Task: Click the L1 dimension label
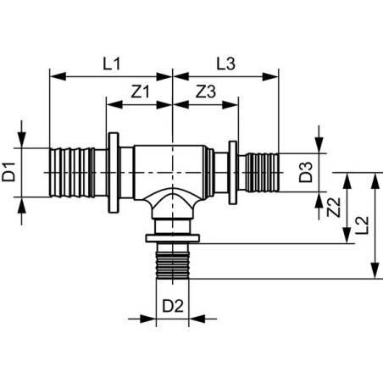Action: (x=112, y=64)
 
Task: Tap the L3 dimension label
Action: (x=225, y=64)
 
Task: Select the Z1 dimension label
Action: (x=140, y=92)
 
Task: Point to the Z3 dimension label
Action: (x=206, y=92)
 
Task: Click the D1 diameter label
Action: (x=8, y=172)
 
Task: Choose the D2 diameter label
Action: (x=173, y=306)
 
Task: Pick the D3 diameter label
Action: (x=306, y=172)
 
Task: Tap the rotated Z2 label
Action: (x=334, y=208)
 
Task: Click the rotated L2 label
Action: (x=362, y=225)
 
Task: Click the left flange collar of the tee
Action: (x=114, y=173)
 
